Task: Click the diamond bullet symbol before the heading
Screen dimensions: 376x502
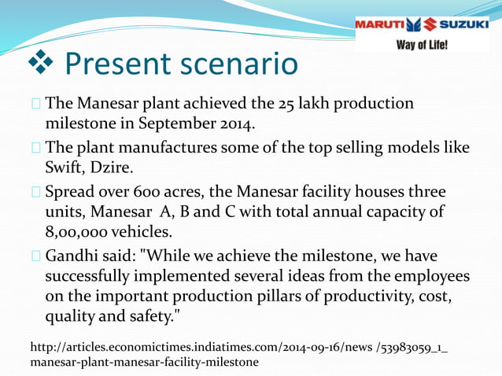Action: pyautogui.click(x=35, y=64)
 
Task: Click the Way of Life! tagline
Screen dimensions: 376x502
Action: pyautogui.click(x=422, y=45)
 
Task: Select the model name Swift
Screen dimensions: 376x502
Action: pyautogui.click(x=65, y=168)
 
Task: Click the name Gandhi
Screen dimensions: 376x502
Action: pyautogui.click(x=73, y=257)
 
